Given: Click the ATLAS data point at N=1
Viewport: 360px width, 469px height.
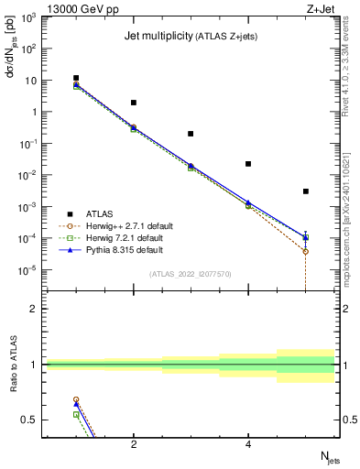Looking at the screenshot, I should pyautogui.click(x=76, y=78).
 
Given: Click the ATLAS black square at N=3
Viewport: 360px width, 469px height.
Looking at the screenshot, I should pyautogui.click(x=191, y=134).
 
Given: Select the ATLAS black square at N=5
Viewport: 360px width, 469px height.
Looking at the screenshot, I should pyautogui.click(x=305, y=191).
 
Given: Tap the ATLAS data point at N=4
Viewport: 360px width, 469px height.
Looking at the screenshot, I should pyautogui.click(x=248, y=164).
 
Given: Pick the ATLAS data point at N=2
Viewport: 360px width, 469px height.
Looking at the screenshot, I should pyautogui.click(x=134, y=103).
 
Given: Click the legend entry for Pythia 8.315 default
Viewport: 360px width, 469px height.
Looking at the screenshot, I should pyautogui.click(x=114, y=249).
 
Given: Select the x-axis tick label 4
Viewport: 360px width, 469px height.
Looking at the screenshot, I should pyautogui.click(x=248, y=444).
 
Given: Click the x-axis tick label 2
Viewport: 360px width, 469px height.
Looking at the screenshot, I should pyautogui.click(x=134, y=444).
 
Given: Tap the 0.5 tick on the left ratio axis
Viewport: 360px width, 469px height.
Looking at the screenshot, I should pyautogui.click(x=31, y=420).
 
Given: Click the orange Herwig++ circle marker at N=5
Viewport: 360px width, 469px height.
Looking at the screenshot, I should pyautogui.click(x=305, y=251).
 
